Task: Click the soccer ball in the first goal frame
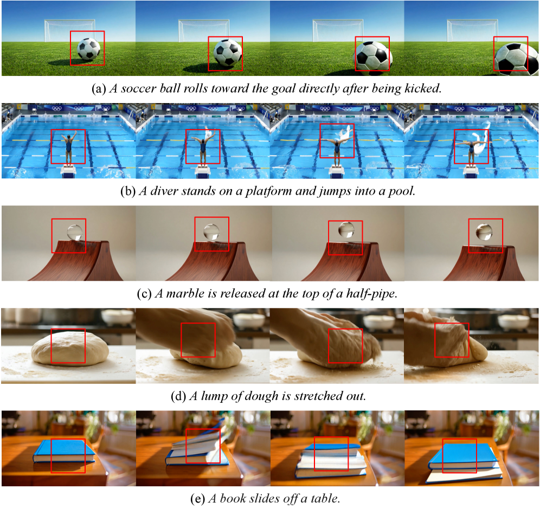(x=89, y=49)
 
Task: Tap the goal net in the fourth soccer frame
(x=472, y=30)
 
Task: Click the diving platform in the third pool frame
(x=337, y=171)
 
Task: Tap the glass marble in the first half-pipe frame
(x=75, y=232)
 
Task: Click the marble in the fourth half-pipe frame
(x=484, y=232)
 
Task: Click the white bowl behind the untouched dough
(x=118, y=318)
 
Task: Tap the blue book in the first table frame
(x=65, y=452)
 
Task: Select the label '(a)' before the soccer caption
(x=99, y=89)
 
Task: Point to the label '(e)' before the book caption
(x=198, y=499)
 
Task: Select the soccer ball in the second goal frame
(x=227, y=53)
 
